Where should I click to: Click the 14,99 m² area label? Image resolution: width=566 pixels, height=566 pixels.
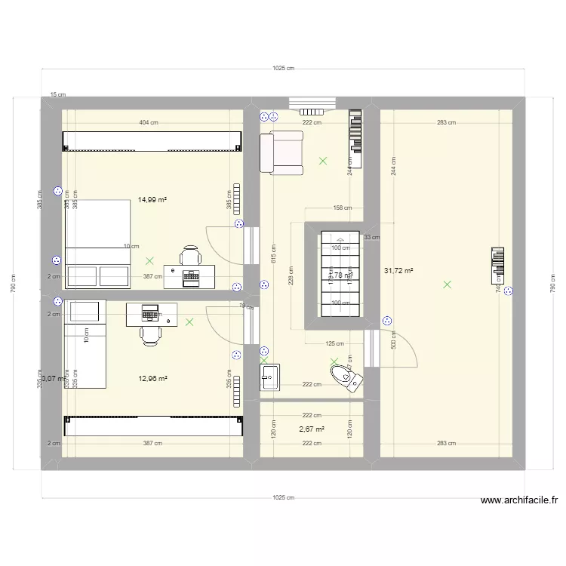click(x=152, y=200)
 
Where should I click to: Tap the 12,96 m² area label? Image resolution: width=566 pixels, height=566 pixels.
click(x=152, y=379)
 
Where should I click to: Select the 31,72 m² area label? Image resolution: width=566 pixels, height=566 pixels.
click(x=398, y=269)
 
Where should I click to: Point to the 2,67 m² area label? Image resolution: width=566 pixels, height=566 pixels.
click(x=312, y=429)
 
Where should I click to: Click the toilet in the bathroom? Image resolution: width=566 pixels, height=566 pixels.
click(x=345, y=375)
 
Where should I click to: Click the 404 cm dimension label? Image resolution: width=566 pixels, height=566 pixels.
click(x=148, y=122)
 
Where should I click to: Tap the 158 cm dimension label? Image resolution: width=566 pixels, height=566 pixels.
click(x=342, y=208)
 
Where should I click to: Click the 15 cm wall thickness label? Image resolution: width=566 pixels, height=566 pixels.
click(x=58, y=95)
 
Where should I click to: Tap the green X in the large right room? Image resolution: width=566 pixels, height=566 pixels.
click(x=448, y=285)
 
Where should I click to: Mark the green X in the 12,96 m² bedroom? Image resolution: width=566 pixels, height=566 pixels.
click(x=189, y=322)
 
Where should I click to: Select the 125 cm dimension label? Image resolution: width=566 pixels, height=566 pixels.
click(x=334, y=343)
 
